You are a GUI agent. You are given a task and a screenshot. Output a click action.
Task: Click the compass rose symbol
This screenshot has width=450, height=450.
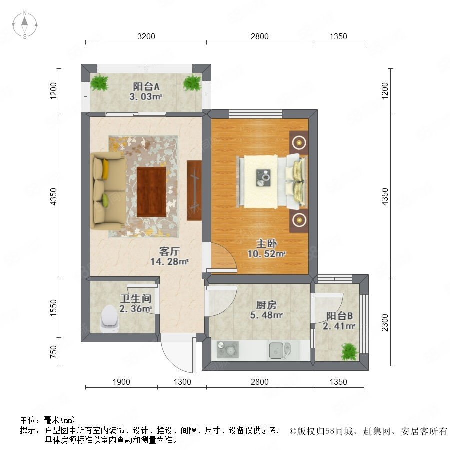25,25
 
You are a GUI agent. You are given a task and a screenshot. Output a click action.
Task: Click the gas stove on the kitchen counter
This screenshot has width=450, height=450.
228,350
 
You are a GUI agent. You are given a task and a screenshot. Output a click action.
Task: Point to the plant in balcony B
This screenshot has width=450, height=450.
349,351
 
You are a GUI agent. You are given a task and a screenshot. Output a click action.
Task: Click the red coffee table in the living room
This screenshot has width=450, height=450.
151,192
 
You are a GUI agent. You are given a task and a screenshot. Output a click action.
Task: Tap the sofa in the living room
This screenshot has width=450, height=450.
108,191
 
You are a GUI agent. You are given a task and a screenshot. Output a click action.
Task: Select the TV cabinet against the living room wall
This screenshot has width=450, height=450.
194,191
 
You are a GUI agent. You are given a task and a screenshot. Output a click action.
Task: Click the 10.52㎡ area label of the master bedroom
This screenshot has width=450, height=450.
266,254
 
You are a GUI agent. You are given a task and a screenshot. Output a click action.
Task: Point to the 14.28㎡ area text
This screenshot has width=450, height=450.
169,261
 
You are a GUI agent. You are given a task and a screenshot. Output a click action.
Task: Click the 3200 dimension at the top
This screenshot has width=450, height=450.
146,36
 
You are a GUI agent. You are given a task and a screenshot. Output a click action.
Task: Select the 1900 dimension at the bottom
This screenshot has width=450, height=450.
121,382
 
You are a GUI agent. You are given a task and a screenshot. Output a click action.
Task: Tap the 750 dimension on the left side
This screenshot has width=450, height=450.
53,352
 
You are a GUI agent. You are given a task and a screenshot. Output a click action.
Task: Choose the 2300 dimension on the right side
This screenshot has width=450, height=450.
385,323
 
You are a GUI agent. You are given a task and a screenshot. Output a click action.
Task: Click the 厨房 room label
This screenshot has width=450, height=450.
266,305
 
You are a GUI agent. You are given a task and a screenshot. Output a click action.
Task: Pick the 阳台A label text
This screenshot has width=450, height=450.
146,86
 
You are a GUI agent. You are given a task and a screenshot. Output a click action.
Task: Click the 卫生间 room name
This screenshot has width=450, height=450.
135,299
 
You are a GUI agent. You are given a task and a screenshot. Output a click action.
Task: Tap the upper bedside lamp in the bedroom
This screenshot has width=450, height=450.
299,142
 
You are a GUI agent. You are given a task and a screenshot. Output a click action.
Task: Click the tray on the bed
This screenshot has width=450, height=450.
263,178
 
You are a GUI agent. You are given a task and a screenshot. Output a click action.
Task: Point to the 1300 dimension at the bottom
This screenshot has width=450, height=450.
182,382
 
